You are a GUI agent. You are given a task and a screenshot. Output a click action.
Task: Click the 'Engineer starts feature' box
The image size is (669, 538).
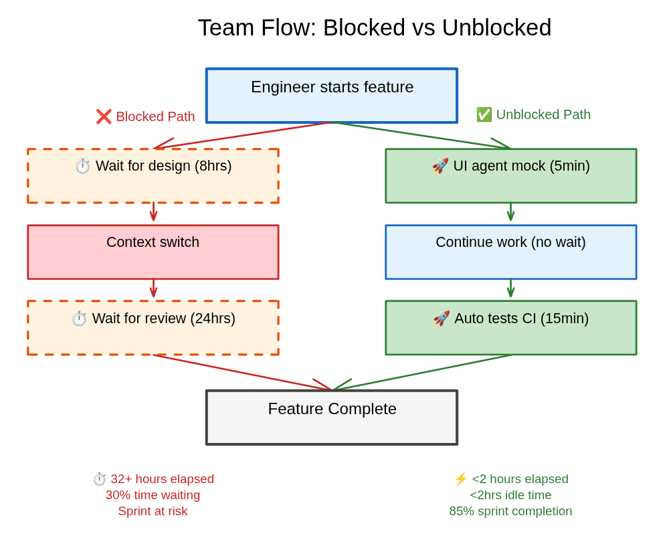(332, 96)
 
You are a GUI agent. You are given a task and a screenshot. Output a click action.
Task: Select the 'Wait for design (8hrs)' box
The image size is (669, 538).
(153, 176)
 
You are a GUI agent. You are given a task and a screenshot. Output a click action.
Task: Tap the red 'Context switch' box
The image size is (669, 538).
(153, 252)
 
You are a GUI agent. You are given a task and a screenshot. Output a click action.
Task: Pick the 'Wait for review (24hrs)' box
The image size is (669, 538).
(153, 328)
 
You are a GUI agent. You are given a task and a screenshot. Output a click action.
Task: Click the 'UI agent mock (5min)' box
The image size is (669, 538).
(510, 176)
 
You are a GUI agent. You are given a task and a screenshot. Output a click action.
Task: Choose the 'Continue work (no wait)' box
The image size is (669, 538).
(510, 252)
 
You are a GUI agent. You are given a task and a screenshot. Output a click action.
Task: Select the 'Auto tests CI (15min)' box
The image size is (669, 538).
(510, 328)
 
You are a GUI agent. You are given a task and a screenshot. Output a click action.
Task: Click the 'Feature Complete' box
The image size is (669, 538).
(332, 418)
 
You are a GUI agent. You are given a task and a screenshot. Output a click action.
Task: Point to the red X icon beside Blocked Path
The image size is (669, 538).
(104, 116)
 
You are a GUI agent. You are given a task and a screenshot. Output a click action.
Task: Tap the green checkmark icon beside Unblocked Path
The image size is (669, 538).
(484, 114)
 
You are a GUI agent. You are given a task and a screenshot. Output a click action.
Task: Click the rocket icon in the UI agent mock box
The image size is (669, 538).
(440, 166)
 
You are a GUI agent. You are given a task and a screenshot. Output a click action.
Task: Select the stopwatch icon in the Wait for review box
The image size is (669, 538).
(80, 319)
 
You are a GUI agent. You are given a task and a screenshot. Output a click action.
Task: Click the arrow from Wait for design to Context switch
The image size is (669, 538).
(153, 213)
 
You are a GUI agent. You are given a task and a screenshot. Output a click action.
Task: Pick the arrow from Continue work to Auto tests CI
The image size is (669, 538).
(510, 288)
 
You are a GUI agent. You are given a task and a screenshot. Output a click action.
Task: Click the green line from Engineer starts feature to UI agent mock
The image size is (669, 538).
(421, 135)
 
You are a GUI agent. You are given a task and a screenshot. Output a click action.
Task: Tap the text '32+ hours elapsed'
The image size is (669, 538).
(162, 479)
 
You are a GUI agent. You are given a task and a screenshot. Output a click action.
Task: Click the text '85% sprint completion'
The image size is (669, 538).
(510, 511)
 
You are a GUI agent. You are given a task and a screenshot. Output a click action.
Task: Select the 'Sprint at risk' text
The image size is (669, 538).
(153, 511)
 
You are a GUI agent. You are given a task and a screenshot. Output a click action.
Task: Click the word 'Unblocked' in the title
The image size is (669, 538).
(496, 28)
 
